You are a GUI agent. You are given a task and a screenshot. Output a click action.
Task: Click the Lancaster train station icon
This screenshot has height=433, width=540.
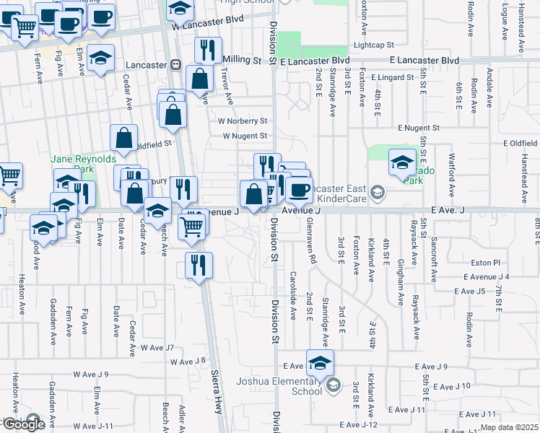point(175,65)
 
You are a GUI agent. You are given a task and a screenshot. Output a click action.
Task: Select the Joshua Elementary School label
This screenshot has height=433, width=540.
point(287,386)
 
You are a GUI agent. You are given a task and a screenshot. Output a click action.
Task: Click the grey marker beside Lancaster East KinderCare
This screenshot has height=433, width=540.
point(378,193)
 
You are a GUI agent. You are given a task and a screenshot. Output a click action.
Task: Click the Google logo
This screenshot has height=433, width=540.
point(23,424)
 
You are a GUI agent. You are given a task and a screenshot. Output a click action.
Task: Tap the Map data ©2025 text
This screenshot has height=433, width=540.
point(508,427)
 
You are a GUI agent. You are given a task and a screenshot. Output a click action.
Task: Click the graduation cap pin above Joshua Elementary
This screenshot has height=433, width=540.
point(320,363)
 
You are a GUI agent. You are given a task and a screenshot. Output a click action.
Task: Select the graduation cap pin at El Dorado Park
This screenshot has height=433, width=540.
point(402,163)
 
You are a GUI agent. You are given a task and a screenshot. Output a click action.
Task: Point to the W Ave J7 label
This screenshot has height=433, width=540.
point(157,348)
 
